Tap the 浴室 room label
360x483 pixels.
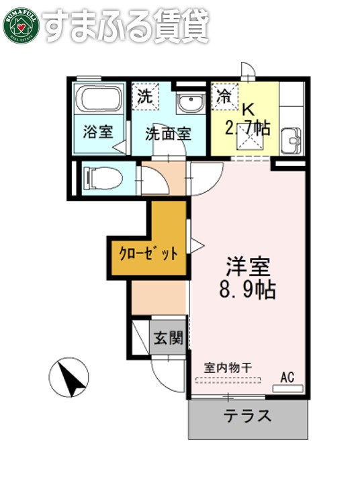(x=98, y=131)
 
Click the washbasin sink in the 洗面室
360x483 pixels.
(x=189, y=105)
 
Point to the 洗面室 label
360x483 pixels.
(x=168, y=132)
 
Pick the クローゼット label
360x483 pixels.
(x=148, y=254)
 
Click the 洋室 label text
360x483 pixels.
(x=247, y=267)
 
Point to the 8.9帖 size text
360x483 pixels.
(x=247, y=291)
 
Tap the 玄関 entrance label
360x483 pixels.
(x=167, y=339)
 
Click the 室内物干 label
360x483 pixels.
(x=228, y=367)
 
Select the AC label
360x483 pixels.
(x=288, y=376)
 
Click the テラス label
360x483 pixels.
(x=248, y=415)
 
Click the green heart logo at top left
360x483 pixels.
(x=21, y=26)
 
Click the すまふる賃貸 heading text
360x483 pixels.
(x=128, y=26)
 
